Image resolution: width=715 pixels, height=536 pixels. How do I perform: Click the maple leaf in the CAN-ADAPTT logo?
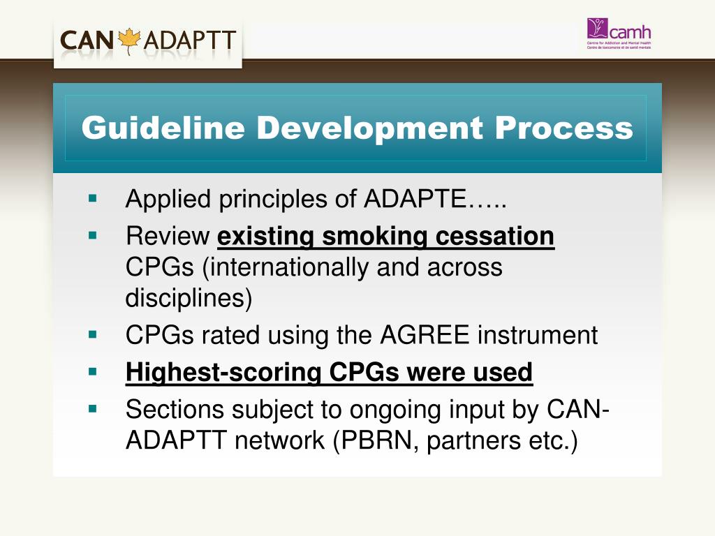pos(131,40)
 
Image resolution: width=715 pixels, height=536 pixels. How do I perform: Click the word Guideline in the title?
pos(163,128)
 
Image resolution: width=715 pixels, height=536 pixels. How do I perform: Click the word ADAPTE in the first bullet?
pos(415,200)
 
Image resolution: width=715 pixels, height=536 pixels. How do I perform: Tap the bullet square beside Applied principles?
pos(92,198)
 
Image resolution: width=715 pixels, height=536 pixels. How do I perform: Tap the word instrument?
pos(538,336)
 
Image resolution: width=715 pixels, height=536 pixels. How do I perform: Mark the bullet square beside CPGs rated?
pos(92,334)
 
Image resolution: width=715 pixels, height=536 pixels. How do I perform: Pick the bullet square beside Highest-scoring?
pos(92,371)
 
